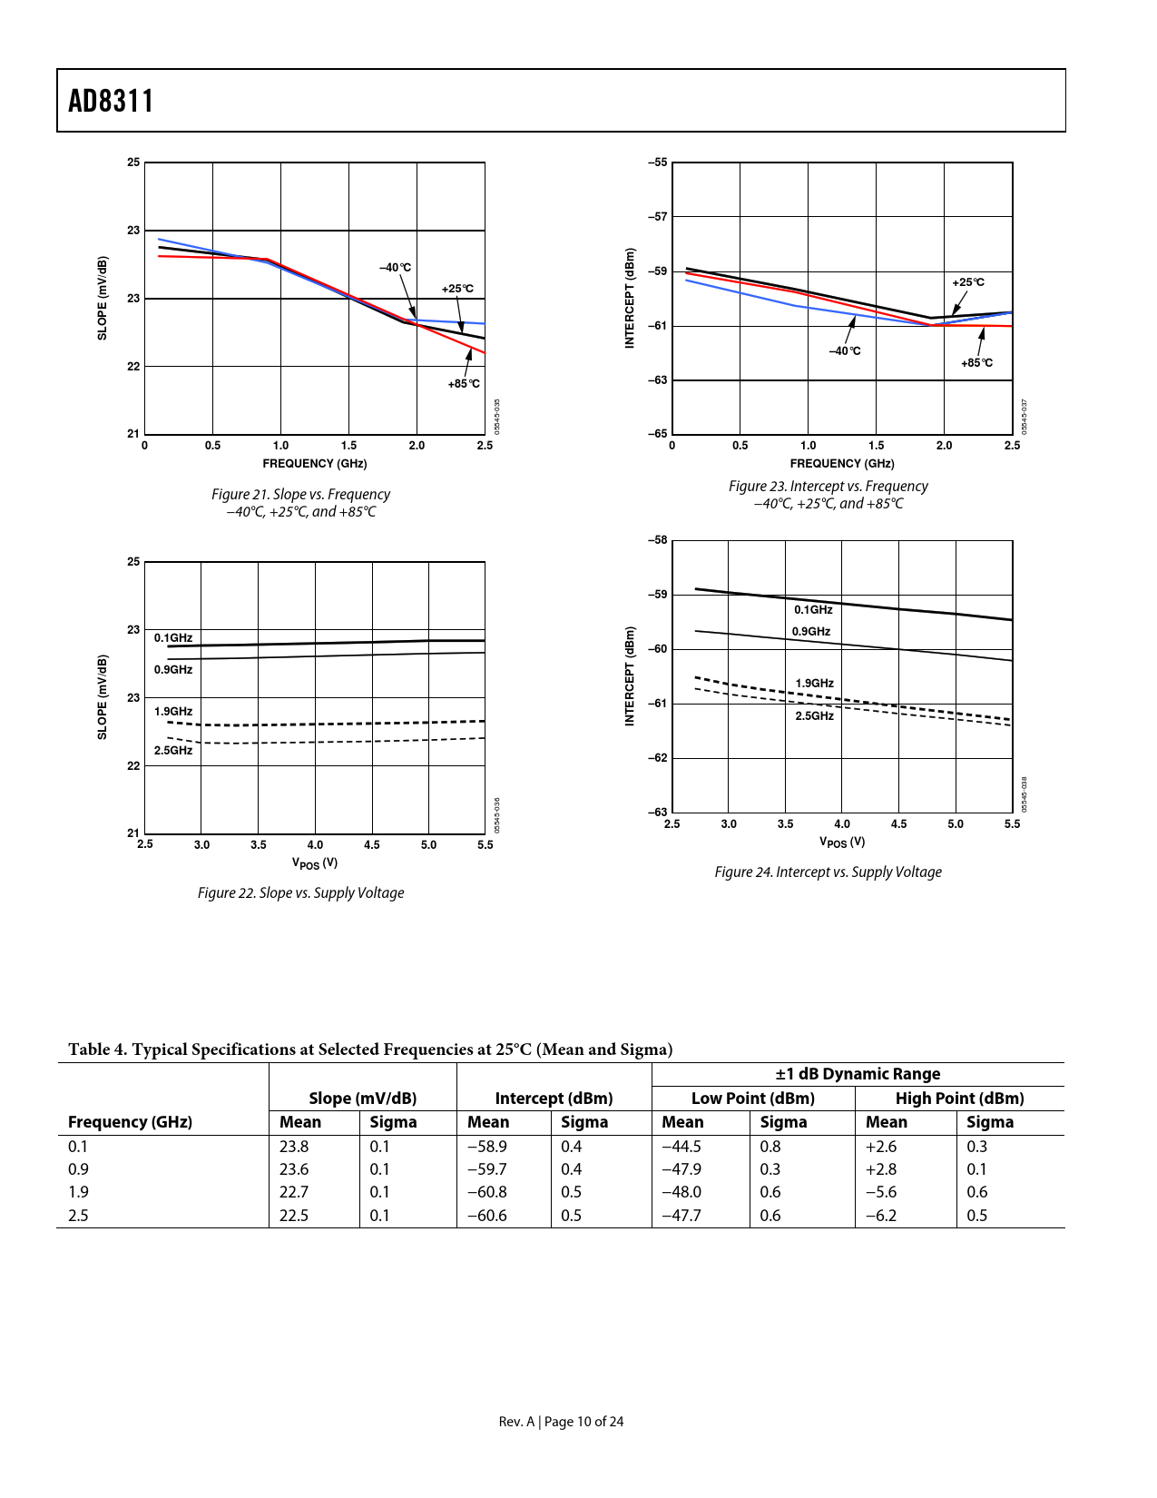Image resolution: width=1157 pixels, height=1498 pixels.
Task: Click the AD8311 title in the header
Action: pyautogui.click(x=111, y=101)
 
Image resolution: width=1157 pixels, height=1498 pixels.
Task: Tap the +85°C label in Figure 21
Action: pyautogui.click(x=463, y=384)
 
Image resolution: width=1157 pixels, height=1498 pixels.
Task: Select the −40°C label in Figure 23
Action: pyautogui.click(x=844, y=351)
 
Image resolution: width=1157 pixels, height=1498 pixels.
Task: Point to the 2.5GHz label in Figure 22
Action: pyautogui.click(x=172, y=751)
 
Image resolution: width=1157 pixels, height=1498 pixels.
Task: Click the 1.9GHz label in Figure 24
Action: pyautogui.click(x=814, y=684)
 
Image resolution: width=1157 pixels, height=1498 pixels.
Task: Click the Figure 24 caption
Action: pyautogui.click(x=828, y=872)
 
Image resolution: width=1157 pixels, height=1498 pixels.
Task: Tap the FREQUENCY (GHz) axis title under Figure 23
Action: pyautogui.click(x=841, y=464)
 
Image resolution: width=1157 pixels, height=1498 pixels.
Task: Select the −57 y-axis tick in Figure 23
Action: pyautogui.click(x=657, y=217)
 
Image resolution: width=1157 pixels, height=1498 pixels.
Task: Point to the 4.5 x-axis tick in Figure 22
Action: pyautogui.click(x=371, y=845)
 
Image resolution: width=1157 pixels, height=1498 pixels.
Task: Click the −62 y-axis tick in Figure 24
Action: pyautogui.click(x=657, y=758)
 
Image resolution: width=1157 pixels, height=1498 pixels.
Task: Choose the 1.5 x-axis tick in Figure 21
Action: pyautogui.click(x=348, y=446)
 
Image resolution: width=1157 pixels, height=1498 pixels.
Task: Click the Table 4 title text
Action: pyautogui.click(x=370, y=1050)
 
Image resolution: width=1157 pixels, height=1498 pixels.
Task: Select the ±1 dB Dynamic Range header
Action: pyautogui.click(x=858, y=1074)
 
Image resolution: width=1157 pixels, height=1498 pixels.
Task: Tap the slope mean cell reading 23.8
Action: pyautogui.click(x=294, y=1147)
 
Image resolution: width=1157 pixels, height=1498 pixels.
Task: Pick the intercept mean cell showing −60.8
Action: pyautogui.click(x=486, y=1192)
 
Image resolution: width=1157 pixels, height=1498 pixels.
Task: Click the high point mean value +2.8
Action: pyautogui.click(x=880, y=1169)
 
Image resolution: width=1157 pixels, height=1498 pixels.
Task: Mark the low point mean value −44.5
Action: pyautogui.click(x=681, y=1147)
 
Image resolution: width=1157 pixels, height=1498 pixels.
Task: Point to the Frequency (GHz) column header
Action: pyautogui.click(x=130, y=1122)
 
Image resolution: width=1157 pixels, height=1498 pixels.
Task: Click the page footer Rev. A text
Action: pyautogui.click(x=517, y=1422)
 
